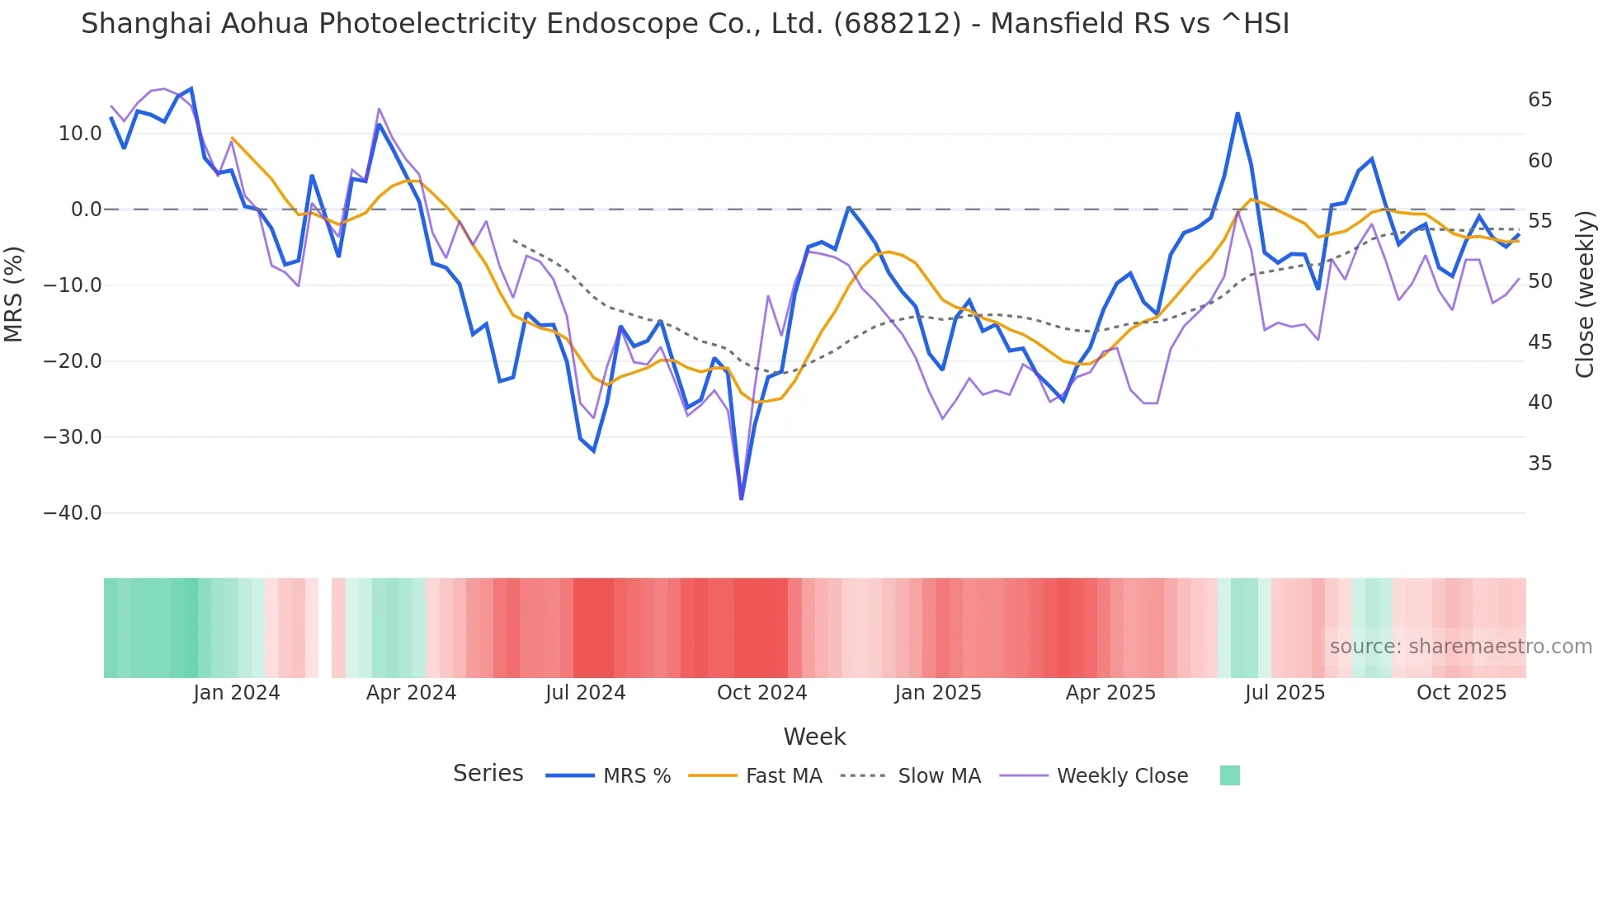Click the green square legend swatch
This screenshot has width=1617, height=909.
click(1229, 775)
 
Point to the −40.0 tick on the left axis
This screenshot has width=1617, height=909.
click(73, 513)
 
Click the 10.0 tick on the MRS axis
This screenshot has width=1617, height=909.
click(80, 134)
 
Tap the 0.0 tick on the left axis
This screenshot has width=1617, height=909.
click(86, 210)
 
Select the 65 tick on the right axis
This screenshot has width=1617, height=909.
click(1539, 100)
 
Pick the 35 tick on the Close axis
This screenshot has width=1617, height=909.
click(1539, 464)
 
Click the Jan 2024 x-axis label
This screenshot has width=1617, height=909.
click(236, 693)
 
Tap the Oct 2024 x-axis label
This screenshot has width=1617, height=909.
click(761, 693)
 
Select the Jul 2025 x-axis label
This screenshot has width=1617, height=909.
click(1285, 693)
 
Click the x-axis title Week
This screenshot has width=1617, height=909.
click(814, 737)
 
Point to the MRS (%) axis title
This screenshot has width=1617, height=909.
click(14, 294)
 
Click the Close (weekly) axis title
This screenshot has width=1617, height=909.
click(1584, 294)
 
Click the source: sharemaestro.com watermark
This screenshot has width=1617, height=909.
click(1460, 647)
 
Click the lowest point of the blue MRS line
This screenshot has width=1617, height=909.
click(741, 498)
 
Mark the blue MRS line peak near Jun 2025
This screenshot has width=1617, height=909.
click(1237, 114)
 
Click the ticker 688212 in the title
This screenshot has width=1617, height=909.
click(897, 24)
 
